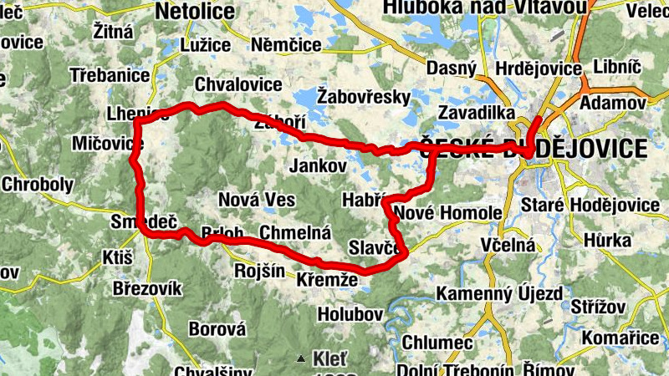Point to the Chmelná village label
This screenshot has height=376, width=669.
(x=295, y=231)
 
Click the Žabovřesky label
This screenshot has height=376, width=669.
(x=365, y=97)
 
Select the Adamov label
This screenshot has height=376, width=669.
(x=613, y=102)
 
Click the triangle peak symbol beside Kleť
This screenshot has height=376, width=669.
(x=301, y=360)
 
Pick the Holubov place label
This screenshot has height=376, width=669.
(x=350, y=314)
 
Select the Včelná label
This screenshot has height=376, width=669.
(x=508, y=245)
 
